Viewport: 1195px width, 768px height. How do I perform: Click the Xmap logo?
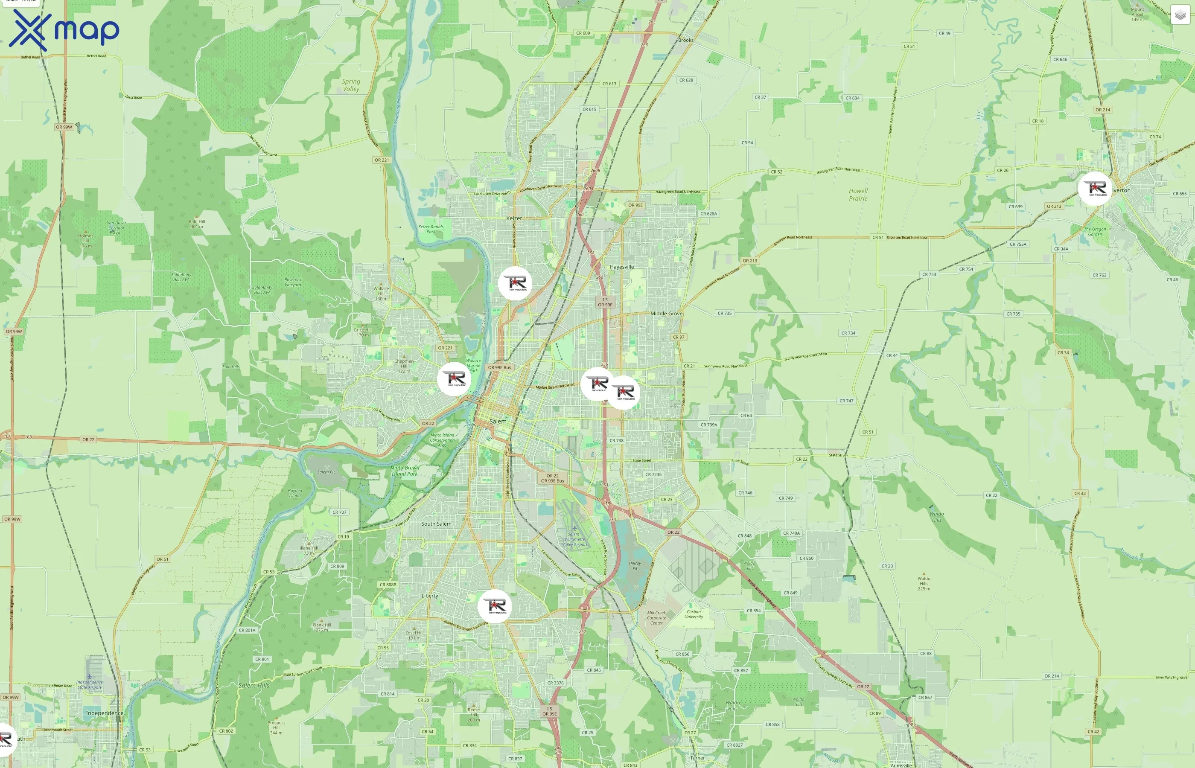click(64, 30)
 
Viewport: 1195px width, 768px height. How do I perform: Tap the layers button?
click(1180, 15)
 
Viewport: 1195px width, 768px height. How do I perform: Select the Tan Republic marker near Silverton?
click(1095, 189)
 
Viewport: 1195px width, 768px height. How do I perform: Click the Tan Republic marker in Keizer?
click(515, 283)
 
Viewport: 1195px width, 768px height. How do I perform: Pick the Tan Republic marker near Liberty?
click(494, 606)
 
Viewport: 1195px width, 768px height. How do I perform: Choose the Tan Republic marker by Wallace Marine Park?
click(454, 379)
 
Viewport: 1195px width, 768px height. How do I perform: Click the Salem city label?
click(498, 422)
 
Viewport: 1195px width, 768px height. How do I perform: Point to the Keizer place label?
click(514, 218)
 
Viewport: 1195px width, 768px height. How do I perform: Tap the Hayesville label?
click(621, 267)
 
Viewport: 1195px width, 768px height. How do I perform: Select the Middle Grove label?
click(666, 314)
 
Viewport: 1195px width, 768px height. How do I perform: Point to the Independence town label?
click(105, 713)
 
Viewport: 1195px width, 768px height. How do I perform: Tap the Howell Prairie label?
click(858, 195)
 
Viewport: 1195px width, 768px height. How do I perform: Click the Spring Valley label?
click(351, 85)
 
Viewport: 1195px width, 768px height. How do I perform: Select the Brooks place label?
click(686, 41)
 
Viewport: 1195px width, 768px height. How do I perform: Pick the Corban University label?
click(694, 614)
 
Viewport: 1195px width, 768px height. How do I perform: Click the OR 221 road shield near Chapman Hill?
click(445, 348)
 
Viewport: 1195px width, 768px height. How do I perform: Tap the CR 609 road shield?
click(583, 33)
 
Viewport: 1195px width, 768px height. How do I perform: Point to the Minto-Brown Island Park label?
click(405, 471)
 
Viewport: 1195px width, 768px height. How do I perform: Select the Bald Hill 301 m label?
click(197, 224)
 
